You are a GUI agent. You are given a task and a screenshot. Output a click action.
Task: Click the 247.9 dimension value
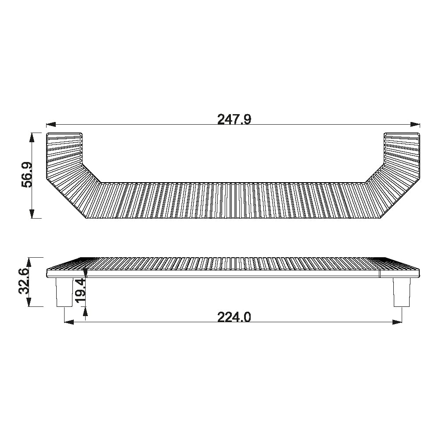234,119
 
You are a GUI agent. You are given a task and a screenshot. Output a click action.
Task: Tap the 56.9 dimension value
27,175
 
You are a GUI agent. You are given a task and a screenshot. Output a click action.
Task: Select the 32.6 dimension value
24,281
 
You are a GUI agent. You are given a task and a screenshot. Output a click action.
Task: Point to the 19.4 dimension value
81,290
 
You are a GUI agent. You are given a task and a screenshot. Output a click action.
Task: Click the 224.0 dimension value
234,317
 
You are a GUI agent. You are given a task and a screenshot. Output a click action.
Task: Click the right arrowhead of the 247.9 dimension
415,125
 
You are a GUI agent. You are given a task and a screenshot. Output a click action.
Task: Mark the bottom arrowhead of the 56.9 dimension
32,214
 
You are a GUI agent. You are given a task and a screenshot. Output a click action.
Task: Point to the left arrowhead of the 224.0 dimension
69,322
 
